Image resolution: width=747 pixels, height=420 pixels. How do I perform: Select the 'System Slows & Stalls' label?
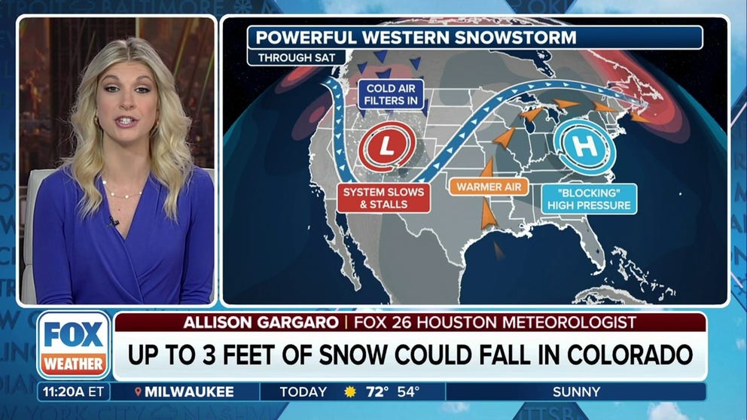click(383, 198)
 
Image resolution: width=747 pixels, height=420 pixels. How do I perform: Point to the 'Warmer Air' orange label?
click(489, 186)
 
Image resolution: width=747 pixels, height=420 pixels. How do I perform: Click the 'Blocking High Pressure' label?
click(588, 198)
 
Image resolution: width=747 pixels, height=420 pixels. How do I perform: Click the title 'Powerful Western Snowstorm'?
click(416, 37)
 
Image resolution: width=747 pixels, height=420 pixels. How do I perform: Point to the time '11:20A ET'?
click(73, 392)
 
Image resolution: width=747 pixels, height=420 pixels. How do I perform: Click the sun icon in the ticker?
click(349, 392)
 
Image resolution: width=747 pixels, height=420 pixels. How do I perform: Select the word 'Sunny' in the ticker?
click(575, 392)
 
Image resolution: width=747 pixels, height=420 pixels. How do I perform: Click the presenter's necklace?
click(122, 194)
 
